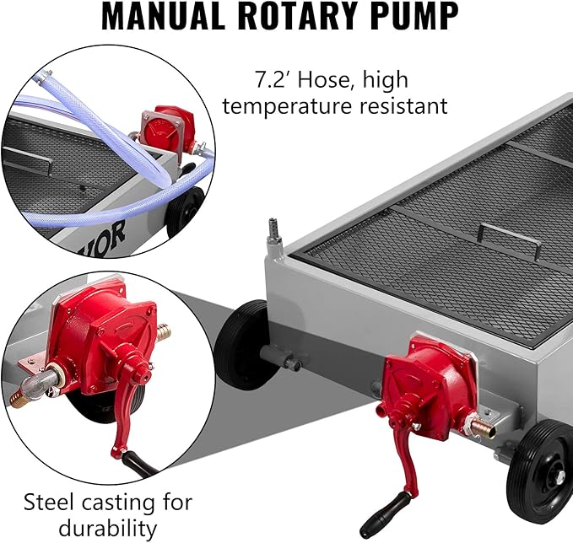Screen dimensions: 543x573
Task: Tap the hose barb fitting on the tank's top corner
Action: tap(273, 230)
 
